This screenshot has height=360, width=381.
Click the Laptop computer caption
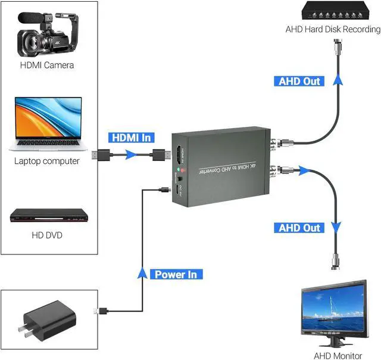(x=46, y=161)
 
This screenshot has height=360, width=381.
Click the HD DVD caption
(x=46, y=235)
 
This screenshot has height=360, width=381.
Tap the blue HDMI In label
(x=130, y=138)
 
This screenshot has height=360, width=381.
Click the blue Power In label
(x=176, y=275)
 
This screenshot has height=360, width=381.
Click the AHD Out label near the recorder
(x=299, y=81)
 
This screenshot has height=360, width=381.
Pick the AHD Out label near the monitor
(x=299, y=228)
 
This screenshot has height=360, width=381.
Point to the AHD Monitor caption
(x=338, y=356)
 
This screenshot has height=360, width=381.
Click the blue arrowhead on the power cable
(x=142, y=274)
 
